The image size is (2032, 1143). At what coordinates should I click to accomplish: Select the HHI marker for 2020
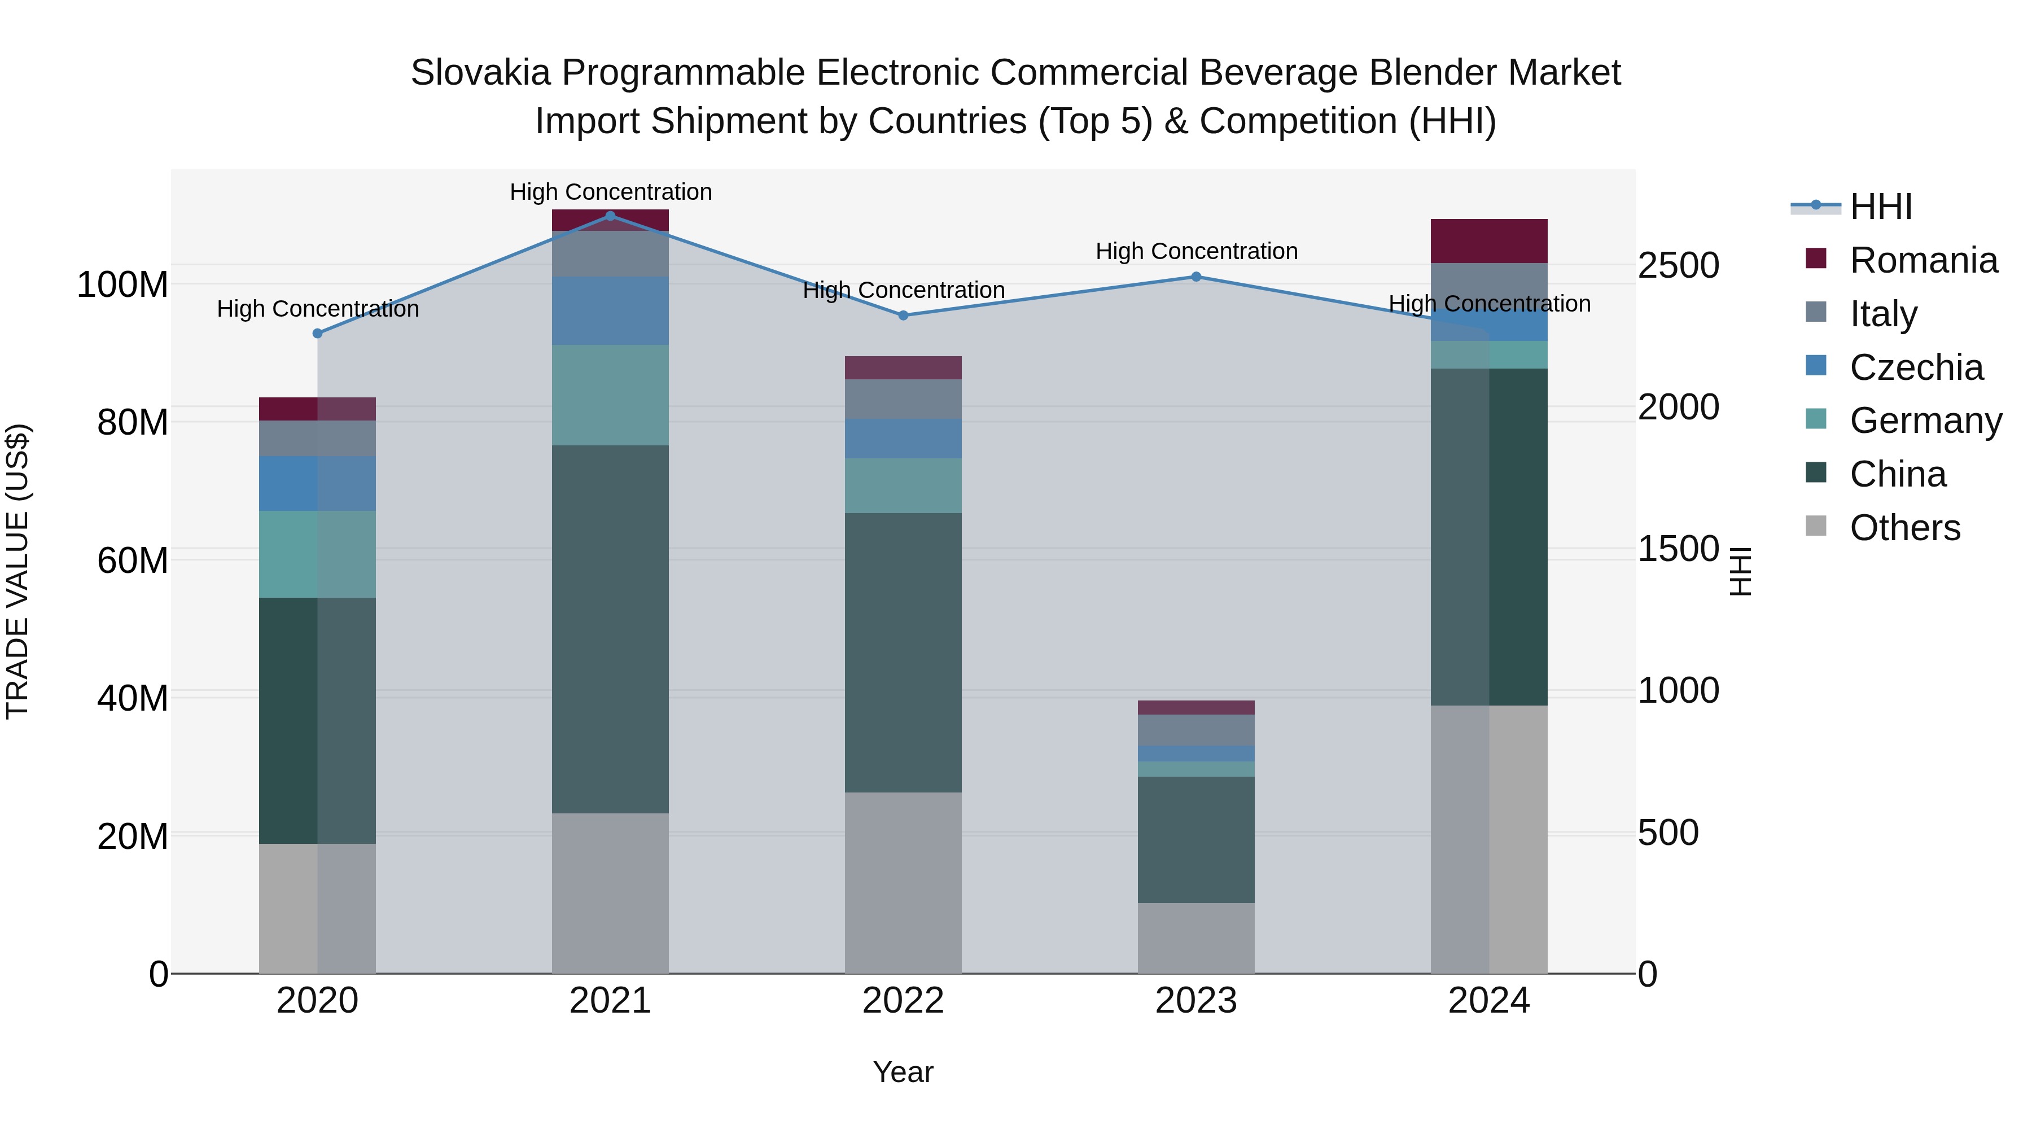coord(317,334)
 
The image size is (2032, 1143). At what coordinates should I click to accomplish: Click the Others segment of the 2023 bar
coord(1196,938)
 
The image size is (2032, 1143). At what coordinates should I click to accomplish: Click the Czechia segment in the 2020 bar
coord(317,484)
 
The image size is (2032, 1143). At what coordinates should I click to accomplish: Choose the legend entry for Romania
coord(1923,260)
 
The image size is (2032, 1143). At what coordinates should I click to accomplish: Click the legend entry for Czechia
coord(1915,367)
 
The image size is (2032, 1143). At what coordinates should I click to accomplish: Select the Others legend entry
coord(1904,528)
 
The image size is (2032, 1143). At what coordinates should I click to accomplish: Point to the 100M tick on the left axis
coord(122,285)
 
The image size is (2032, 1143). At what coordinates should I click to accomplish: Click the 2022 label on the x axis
coord(903,1001)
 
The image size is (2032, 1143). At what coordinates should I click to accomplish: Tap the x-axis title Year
coord(903,1072)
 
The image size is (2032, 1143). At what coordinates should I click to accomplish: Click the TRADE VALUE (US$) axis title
coord(17,571)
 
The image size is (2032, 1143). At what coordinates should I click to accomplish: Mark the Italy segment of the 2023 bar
coord(1196,730)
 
